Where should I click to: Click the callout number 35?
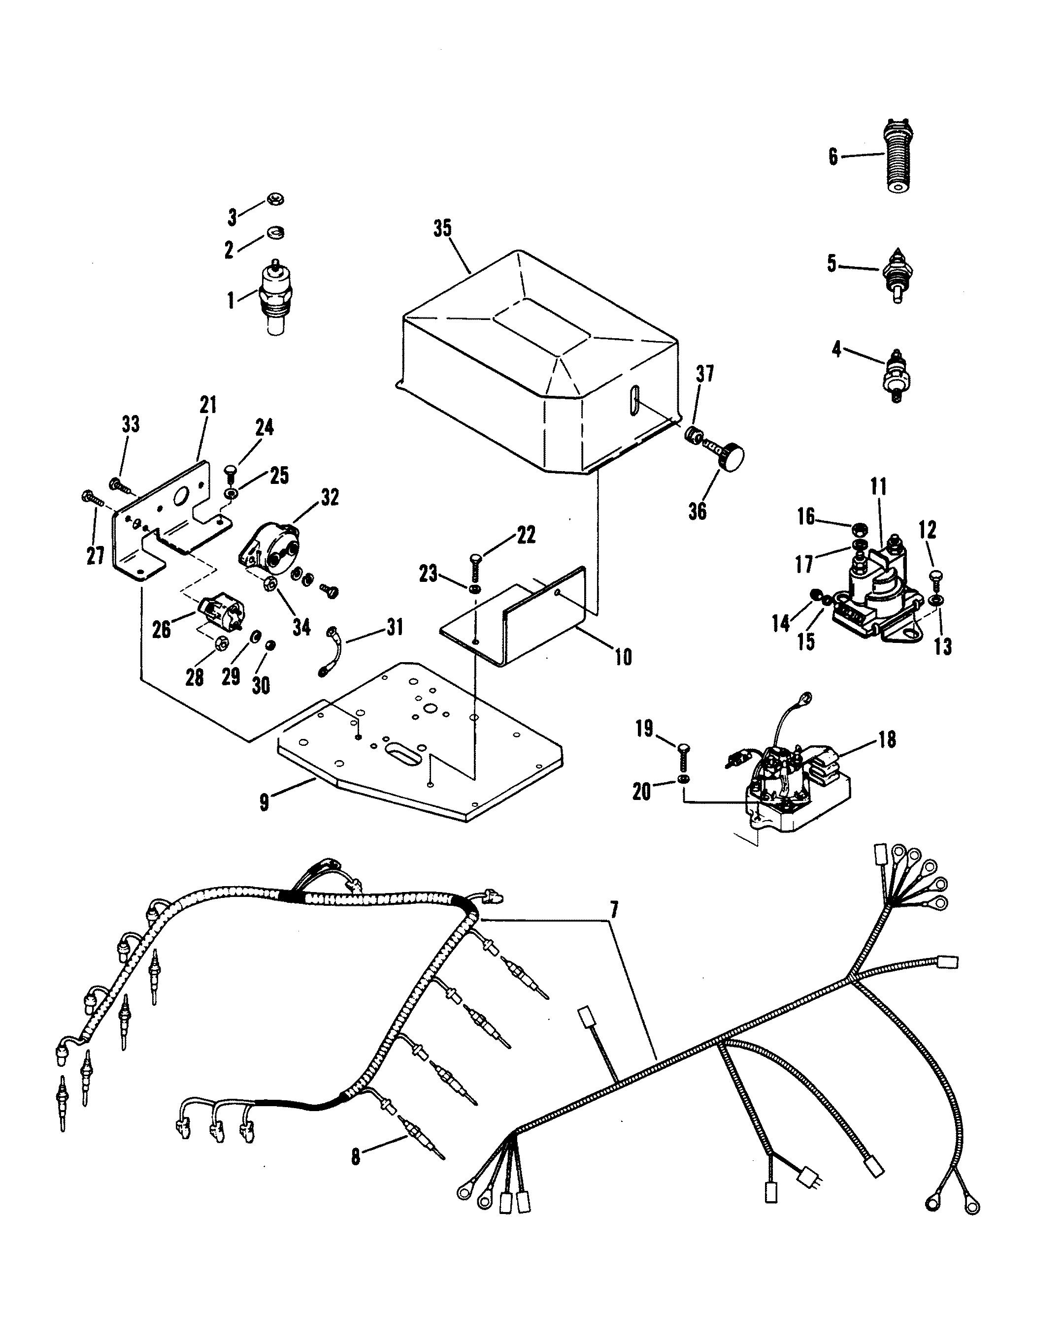tap(442, 229)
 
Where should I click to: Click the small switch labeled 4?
tap(896, 375)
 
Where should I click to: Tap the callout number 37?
tap(704, 374)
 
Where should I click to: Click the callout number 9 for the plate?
tap(265, 802)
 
